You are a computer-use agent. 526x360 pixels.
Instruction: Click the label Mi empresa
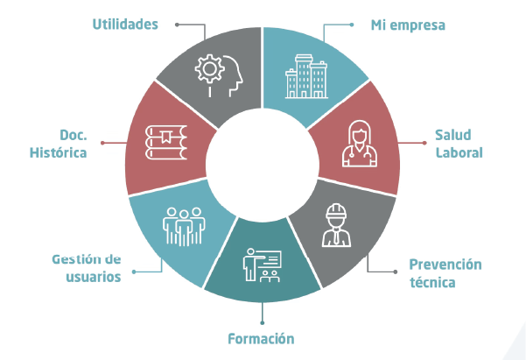[x=408, y=25]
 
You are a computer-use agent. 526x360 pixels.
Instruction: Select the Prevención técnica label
[x=445, y=273]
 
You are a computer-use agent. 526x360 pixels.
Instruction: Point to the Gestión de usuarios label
[x=86, y=268]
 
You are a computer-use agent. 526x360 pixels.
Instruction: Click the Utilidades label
[x=125, y=24]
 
